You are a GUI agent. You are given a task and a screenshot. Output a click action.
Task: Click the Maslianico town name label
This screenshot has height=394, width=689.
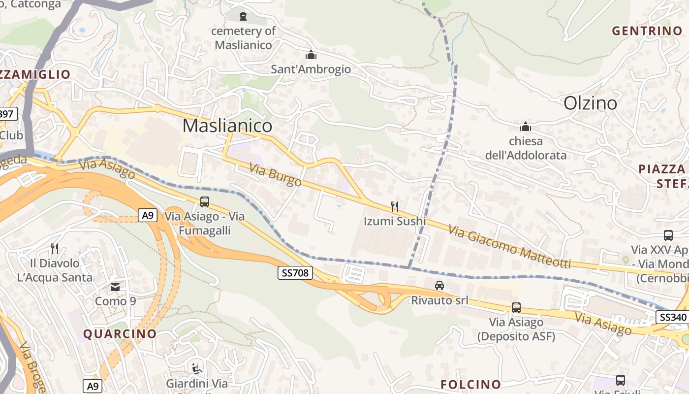click(x=227, y=126)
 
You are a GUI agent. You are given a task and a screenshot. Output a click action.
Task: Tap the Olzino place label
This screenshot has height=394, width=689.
click(x=590, y=103)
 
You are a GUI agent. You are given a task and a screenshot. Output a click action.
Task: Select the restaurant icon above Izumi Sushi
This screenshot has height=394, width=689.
click(x=394, y=206)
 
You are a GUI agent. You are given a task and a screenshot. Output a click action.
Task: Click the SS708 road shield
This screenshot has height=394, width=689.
click(x=295, y=272)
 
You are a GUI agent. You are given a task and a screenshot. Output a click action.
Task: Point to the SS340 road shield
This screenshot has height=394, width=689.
click(x=672, y=317)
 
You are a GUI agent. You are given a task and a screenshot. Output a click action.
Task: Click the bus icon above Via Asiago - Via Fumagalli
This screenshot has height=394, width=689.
click(x=204, y=201)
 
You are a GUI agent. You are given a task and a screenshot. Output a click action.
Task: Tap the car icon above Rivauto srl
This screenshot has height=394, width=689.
click(x=439, y=285)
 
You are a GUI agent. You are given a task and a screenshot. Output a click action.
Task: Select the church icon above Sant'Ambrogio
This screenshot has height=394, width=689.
click(x=311, y=55)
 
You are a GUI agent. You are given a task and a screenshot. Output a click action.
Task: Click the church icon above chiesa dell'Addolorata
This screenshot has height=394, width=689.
click(x=526, y=127)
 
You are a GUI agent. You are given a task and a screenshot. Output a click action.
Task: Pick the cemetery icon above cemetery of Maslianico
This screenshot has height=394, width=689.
click(x=243, y=16)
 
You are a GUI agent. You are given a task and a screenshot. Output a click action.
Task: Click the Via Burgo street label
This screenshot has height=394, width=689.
click(x=275, y=175)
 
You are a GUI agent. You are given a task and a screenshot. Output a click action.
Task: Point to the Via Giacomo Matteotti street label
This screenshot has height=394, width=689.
click(x=509, y=246)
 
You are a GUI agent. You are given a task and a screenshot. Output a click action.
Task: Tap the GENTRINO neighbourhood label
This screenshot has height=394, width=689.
click(x=647, y=31)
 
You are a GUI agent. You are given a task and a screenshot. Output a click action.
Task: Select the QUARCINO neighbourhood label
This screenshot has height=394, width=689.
click(x=120, y=334)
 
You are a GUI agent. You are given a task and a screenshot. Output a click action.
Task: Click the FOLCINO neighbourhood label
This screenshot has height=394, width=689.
click(x=470, y=384)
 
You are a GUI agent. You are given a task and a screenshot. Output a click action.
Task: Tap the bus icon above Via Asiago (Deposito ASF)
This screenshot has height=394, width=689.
click(x=516, y=308)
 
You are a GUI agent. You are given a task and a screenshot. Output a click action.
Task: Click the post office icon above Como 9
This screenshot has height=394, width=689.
click(x=115, y=287)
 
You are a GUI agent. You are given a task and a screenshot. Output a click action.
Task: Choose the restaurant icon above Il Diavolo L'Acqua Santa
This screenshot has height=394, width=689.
click(x=55, y=248)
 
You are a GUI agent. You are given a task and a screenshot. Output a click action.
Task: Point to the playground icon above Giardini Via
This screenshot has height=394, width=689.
click(x=196, y=368)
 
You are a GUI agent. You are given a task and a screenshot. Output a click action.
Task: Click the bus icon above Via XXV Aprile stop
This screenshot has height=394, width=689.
click(x=668, y=235)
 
